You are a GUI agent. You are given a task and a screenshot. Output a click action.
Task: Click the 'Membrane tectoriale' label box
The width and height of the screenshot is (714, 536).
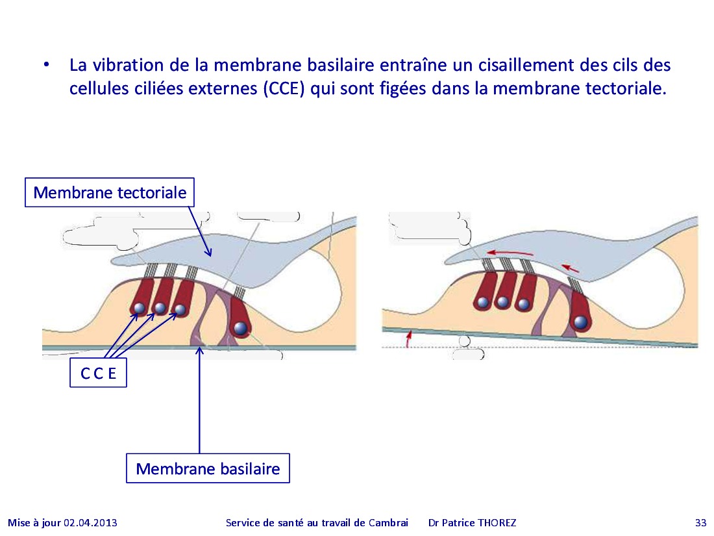tap(109, 192)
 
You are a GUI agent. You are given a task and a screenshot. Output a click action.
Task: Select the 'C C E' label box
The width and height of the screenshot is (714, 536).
tap(99, 373)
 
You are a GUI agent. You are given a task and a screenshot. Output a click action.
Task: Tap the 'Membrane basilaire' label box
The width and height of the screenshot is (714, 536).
tap(208, 468)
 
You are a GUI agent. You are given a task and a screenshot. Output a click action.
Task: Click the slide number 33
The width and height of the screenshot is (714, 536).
tap(700, 523)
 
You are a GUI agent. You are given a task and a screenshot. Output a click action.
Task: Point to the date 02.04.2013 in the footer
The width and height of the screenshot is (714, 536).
tap(90, 523)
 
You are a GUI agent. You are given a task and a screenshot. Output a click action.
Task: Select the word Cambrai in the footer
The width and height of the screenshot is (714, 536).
tap(388, 523)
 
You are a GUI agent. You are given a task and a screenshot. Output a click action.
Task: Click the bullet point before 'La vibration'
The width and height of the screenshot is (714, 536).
tap(46, 65)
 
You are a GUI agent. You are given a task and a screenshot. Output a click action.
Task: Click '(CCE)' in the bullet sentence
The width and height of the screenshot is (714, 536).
tap(284, 88)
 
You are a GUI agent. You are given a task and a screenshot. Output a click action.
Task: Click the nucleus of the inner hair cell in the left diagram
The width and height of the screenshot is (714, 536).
tap(240, 327)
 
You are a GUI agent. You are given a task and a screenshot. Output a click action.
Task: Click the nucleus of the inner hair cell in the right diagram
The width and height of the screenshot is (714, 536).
tap(580, 322)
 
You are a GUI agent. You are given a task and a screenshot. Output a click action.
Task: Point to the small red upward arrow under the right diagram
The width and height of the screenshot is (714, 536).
tap(408, 338)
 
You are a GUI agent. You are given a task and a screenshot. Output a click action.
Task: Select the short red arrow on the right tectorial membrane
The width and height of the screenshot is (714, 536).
tap(570, 268)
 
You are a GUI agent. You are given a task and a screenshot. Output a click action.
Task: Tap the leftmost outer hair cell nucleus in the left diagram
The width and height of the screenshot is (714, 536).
tap(140, 308)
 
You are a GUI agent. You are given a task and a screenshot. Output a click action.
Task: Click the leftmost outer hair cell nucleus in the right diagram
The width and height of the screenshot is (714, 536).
tap(483, 301)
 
